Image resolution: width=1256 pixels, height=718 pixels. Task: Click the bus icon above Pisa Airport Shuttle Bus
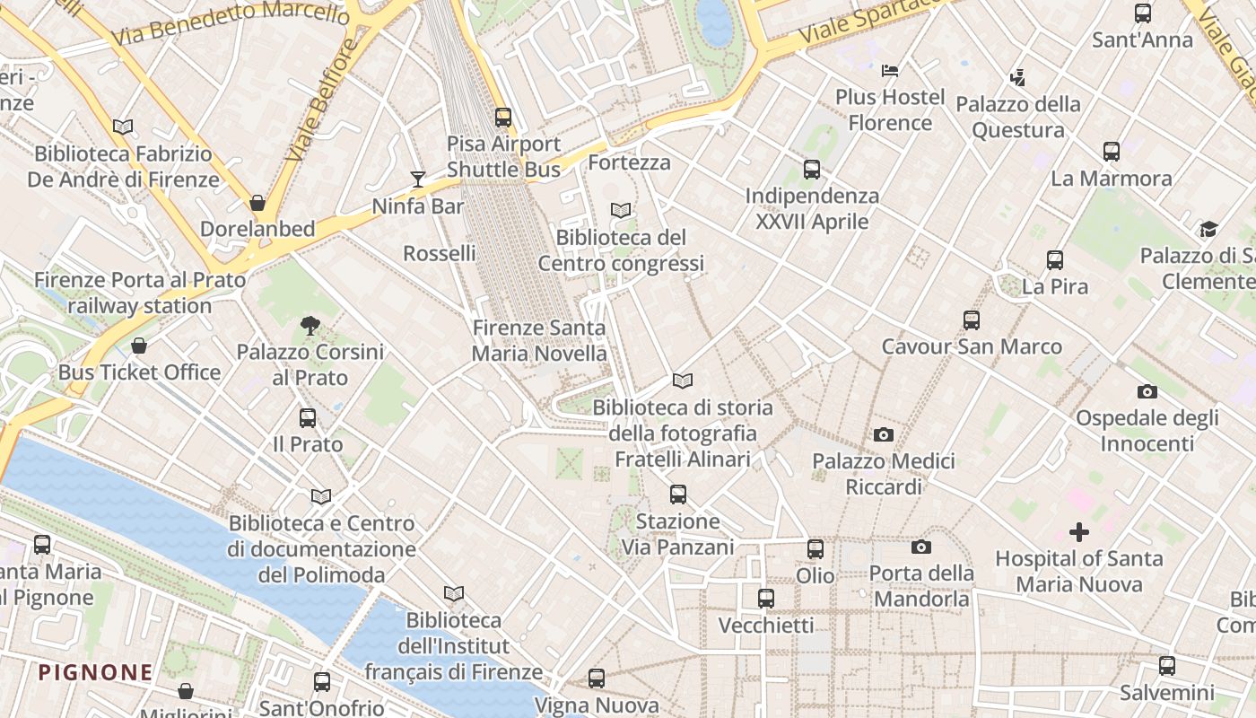[x=503, y=118]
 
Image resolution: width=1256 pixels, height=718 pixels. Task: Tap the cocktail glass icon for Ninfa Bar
[x=418, y=179]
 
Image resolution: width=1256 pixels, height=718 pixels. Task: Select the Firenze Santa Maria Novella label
[x=539, y=341]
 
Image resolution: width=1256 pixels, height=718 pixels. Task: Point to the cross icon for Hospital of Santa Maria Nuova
[x=1079, y=533]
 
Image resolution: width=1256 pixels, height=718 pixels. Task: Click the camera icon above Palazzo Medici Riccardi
[x=884, y=435]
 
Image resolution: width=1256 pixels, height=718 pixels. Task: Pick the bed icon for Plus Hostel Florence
[x=890, y=70]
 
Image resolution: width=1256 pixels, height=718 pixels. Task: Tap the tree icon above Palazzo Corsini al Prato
[x=310, y=326]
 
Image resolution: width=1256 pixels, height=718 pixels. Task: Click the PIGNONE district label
[x=96, y=672]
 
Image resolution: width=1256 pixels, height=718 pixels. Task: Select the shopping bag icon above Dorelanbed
[x=257, y=203]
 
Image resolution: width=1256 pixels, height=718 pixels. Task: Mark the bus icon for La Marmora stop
[x=1112, y=152]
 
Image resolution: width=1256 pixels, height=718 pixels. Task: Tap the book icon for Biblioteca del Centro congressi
[x=621, y=211]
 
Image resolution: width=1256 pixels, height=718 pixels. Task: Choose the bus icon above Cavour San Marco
[x=971, y=320]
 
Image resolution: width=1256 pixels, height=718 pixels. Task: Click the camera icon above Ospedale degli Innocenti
[x=1147, y=392]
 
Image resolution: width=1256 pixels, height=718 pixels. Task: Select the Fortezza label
[x=629, y=163]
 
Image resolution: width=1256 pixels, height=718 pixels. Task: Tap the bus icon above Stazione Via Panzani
[x=678, y=495]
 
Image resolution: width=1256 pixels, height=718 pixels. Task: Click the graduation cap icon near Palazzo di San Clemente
[x=1208, y=229]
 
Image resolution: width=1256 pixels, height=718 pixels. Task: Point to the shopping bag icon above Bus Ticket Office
[x=139, y=346]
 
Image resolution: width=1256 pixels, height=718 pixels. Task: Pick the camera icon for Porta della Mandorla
[x=920, y=547]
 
